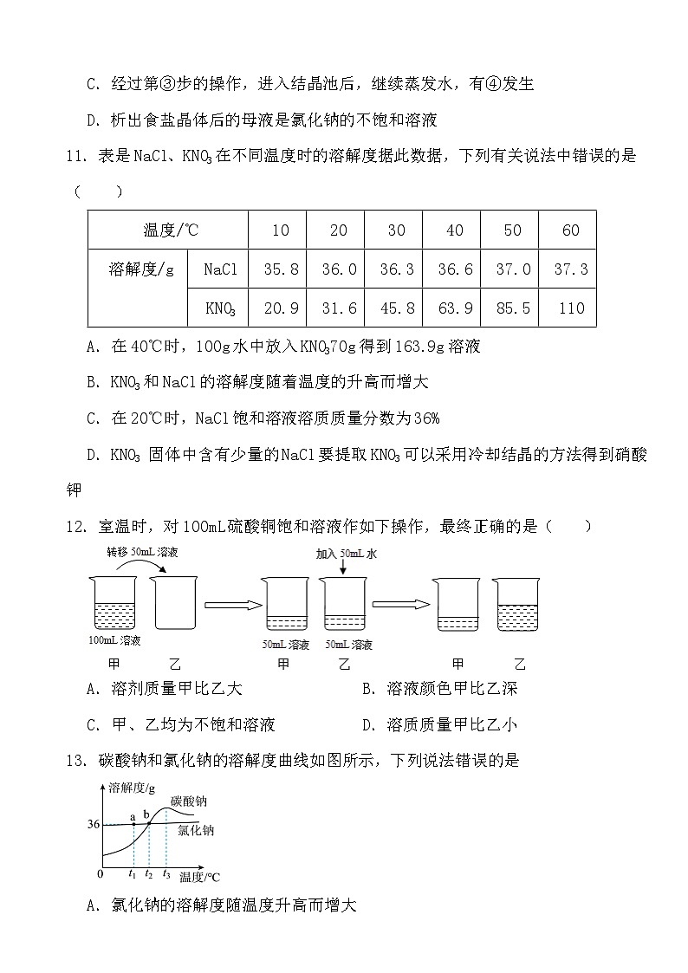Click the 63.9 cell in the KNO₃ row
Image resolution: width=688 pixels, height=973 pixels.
tap(454, 308)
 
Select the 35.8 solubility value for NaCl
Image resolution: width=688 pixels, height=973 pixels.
tap(281, 269)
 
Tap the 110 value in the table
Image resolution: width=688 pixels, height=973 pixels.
tap(571, 308)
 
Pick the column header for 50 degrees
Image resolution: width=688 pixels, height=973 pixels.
tap(512, 230)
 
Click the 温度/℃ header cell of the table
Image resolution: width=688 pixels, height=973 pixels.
tap(170, 230)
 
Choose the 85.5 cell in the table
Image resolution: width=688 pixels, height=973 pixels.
tap(512, 308)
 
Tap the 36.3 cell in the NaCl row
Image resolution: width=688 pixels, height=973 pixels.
tap(396, 269)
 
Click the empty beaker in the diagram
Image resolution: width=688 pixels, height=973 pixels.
tap(171, 603)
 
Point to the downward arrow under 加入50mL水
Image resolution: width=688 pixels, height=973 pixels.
tap(344, 568)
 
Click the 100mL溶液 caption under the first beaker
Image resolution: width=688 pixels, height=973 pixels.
tap(114, 641)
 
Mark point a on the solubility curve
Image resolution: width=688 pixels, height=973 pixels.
tap(133, 823)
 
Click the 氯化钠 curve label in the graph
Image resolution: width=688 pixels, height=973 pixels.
tap(195, 830)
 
